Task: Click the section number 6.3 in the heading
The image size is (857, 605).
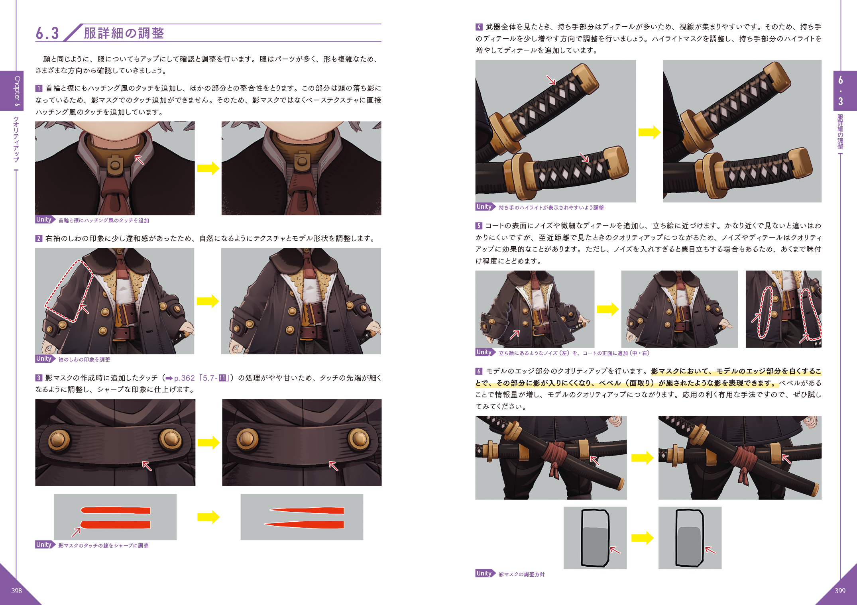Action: tap(47, 33)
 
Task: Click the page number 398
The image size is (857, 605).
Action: tap(16, 591)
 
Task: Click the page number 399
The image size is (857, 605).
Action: tap(840, 591)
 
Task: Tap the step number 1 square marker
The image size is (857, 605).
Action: tap(39, 88)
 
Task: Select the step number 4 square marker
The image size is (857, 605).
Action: tap(479, 27)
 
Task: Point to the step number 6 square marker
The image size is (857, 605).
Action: tap(479, 371)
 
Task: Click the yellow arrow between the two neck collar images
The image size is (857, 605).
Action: tap(208, 168)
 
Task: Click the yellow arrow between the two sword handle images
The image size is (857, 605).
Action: tap(649, 132)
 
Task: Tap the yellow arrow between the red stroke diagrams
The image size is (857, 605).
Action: tap(208, 517)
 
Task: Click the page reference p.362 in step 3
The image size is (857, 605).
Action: tap(185, 378)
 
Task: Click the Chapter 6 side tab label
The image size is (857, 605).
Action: tap(17, 91)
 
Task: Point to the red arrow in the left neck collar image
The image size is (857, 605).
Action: tap(139, 160)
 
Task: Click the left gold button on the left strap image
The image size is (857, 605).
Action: tap(59, 440)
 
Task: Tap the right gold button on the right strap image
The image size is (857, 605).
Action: tap(358, 439)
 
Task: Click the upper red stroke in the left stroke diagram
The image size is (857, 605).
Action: tap(116, 511)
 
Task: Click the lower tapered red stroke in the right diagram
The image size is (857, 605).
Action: tap(304, 524)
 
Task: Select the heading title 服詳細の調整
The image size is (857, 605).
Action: tap(124, 33)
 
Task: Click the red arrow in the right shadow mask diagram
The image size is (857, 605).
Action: tap(710, 550)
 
